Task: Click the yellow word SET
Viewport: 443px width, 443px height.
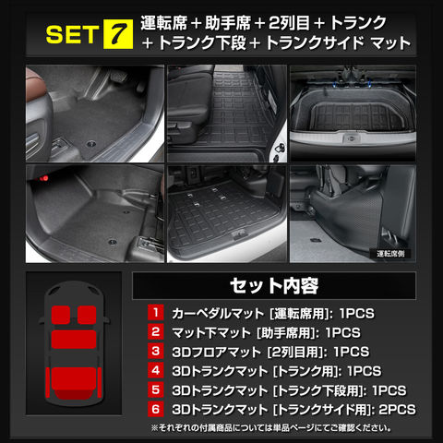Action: pyautogui.click(x=72, y=34)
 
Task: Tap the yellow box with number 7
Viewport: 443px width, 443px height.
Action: pyautogui.click(x=118, y=34)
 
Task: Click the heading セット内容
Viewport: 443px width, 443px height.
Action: pyautogui.click(x=274, y=286)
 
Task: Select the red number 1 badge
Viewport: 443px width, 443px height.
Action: pyautogui.click(x=156, y=313)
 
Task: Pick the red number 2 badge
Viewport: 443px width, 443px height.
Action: pyautogui.click(x=156, y=331)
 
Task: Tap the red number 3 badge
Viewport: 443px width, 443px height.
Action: pyautogui.click(x=156, y=351)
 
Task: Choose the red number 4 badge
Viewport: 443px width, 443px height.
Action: pyautogui.click(x=156, y=370)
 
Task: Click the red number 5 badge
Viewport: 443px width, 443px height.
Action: pyautogui.click(x=156, y=389)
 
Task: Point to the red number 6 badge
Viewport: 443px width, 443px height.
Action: pyautogui.click(x=156, y=409)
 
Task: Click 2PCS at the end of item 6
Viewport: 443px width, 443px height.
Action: pyautogui.click(x=397, y=410)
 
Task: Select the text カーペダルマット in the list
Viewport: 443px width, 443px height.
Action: pyautogui.click(x=218, y=314)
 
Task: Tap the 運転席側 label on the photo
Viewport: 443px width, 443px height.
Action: pyautogui.click(x=390, y=254)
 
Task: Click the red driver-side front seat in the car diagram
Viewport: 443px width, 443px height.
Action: pyautogui.click(x=87, y=315)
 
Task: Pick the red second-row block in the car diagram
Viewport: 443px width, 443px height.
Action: pyautogui.click(x=74, y=340)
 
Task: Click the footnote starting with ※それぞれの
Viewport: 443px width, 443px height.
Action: pyautogui.click(x=271, y=428)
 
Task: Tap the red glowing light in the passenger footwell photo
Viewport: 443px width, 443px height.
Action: pyautogui.click(x=43, y=177)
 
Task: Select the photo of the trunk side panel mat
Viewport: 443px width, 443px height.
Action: pyautogui.click(x=353, y=214)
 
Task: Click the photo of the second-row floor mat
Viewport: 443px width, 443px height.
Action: pyautogui.click(x=227, y=114)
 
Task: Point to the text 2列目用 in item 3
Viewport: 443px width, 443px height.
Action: pyautogui.click(x=295, y=352)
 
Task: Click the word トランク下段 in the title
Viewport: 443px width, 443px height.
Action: pyautogui.click(x=202, y=42)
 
